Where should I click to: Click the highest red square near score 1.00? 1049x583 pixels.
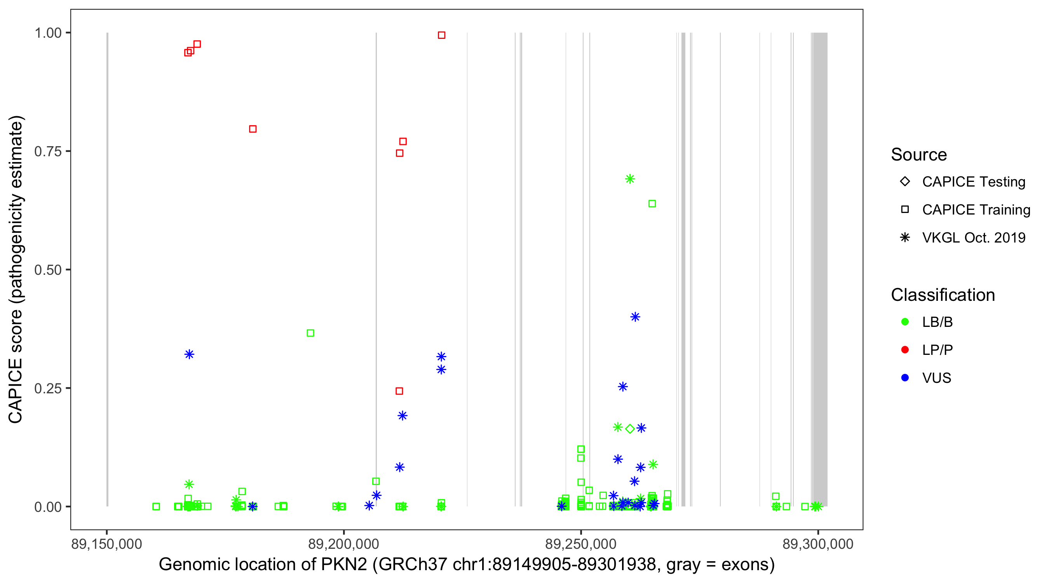(x=441, y=35)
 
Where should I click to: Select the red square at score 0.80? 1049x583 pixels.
(x=253, y=129)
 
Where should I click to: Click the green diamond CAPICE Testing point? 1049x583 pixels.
(x=630, y=429)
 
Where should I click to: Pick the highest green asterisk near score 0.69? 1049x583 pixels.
(x=630, y=179)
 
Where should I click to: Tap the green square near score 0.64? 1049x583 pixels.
(x=652, y=203)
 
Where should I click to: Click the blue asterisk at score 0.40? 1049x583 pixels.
(x=635, y=316)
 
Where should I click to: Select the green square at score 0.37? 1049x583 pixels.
(x=310, y=333)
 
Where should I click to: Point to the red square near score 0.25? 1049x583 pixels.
(x=399, y=391)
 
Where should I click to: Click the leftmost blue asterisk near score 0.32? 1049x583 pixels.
(x=189, y=354)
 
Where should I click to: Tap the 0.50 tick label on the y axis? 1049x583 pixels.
(x=48, y=270)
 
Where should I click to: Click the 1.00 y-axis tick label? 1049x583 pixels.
(x=48, y=33)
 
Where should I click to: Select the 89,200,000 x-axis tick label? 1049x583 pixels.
(x=344, y=544)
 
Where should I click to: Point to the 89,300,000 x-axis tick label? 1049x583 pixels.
(x=818, y=544)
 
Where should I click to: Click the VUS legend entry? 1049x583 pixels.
(x=937, y=378)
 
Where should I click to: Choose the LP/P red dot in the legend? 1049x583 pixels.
(x=905, y=349)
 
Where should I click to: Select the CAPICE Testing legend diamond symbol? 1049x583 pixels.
(x=905, y=181)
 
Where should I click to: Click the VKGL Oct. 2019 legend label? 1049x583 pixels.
(x=974, y=237)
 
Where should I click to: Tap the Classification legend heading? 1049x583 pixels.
(x=943, y=295)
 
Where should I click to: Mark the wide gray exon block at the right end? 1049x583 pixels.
(x=820, y=269)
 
